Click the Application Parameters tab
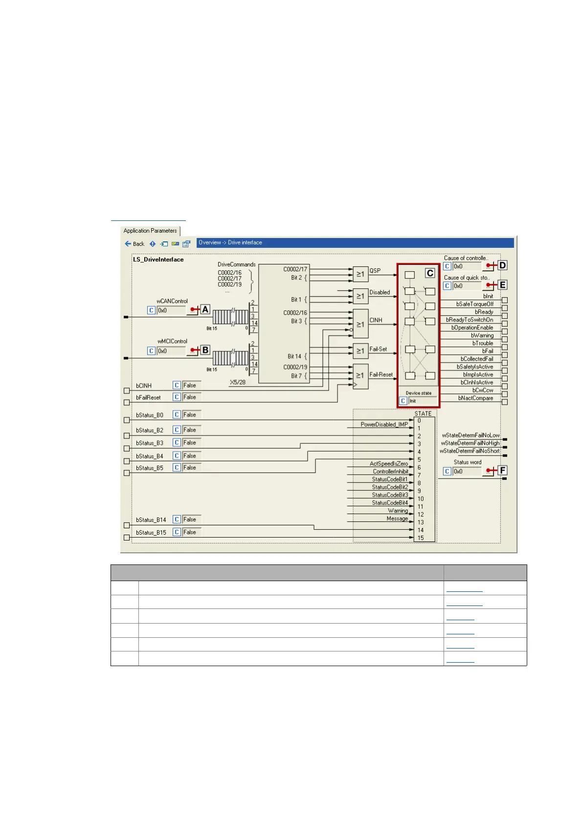[150, 231]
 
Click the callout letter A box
[205, 309]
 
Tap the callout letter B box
[205, 350]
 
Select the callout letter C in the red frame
[430, 273]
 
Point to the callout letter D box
[502, 265]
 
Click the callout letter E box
[502, 285]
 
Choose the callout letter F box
[502, 471]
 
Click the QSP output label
[375, 271]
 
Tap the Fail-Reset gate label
[381, 375]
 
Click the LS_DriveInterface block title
[158, 260]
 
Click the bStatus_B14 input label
[151, 520]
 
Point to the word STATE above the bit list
[423, 413]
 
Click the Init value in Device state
[413, 401]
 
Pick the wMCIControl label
[172, 341]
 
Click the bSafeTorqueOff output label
[474, 304]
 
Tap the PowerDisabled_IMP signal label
[384, 425]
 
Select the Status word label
[468, 462]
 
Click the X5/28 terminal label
[238, 382]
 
